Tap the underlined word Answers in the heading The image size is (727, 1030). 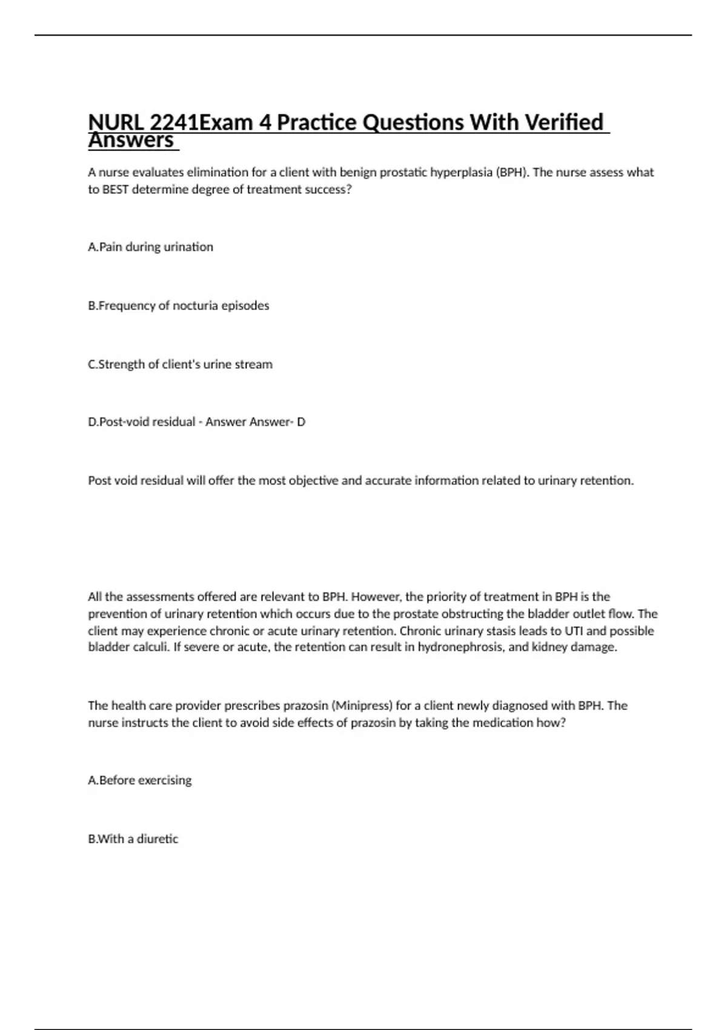(x=131, y=141)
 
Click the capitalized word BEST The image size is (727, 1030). (x=115, y=189)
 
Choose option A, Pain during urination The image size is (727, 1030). (x=150, y=247)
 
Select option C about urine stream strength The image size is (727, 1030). (x=180, y=364)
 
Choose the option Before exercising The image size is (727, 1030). (x=139, y=780)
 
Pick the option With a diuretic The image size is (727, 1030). (x=133, y=839)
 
